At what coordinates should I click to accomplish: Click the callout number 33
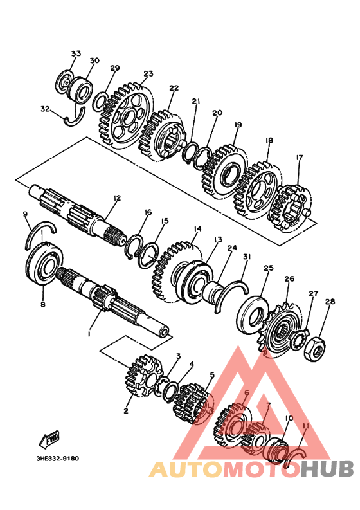76,53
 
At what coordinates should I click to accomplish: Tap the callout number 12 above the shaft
117,197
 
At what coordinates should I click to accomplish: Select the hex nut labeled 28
315,350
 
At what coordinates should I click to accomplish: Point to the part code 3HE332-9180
58,459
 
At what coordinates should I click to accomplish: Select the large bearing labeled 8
44,266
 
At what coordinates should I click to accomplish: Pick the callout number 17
300,158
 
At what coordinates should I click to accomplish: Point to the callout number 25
269,268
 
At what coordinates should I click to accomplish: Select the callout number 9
26,214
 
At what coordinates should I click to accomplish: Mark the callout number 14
197,229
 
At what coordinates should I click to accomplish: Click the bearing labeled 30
80,88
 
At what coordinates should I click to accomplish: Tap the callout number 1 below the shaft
89,334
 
